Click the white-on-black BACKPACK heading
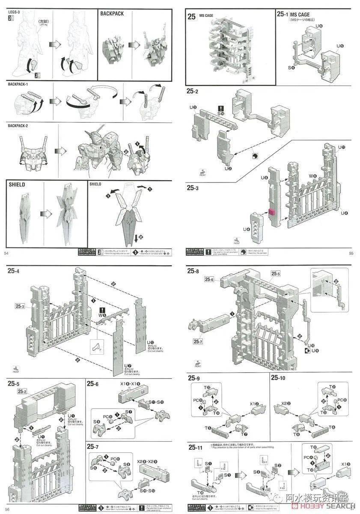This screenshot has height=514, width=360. pyautogui.click(x=112, y=14)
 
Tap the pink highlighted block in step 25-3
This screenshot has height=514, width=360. pyautogui.click(x=271, y=212)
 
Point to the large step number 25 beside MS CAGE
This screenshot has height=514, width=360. pyautogui.click(x=192, y=17)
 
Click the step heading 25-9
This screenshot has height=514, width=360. pyautogui.click(x=193, y=378)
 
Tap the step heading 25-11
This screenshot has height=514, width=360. pyautogui.click(x=195, y=447)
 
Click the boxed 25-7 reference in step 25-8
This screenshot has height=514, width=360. pyautogui.click(x=198, y=341)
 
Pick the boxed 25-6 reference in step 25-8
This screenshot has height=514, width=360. pyautogui.click(x=209, y=279)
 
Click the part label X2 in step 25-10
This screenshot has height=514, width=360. pyautogui.click(x=286, y=403)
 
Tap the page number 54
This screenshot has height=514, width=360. pyautogui.click(x=6, y=254)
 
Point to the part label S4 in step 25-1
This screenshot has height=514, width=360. pyautogui.click(x=291, y=68)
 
